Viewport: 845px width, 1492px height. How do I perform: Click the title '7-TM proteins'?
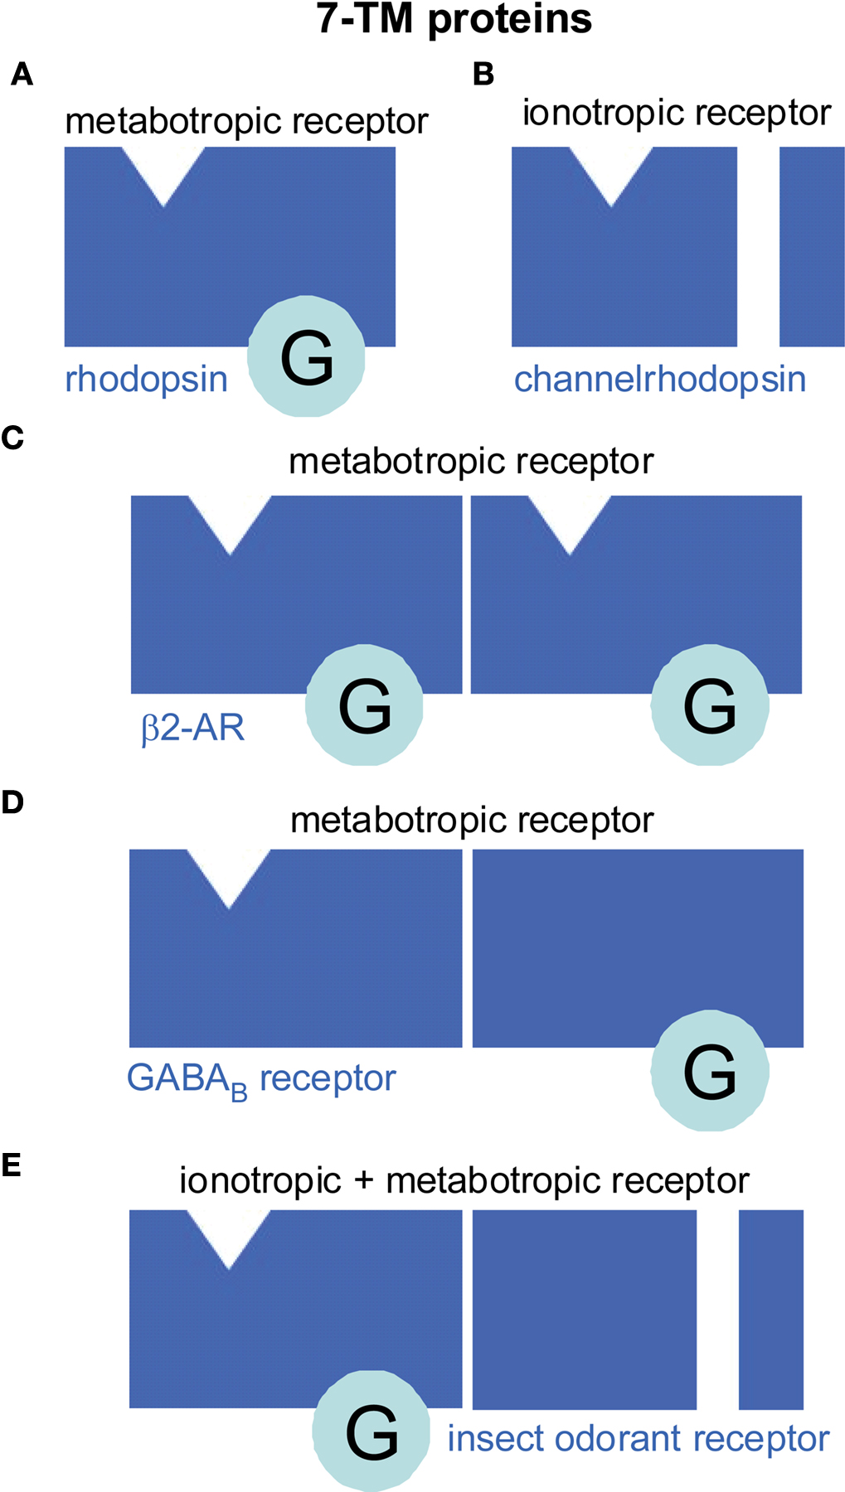[x=454, y=19]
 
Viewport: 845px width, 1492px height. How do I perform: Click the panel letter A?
[x=22, y=75]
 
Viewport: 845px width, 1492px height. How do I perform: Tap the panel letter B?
[x=483, y=75]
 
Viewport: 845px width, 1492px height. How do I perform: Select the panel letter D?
[x=12, y=802]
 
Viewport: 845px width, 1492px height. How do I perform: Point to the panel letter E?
[x=12, y=1165]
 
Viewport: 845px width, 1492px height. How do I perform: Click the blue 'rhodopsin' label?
[x=146, y=380]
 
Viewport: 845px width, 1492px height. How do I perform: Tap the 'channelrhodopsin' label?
[x=659, y=380]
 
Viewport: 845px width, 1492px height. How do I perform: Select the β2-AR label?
[x=193, y=728]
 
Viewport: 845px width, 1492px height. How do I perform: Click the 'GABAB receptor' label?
[x=260, y=1079]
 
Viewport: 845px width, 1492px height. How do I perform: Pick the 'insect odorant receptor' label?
[x=638, y=1439]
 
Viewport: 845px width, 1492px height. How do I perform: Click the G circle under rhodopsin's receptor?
[x=306, y=356]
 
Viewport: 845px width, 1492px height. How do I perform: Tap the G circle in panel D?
[x=710, y=1070]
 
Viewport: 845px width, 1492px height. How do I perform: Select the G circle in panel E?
[x=372, y=1431]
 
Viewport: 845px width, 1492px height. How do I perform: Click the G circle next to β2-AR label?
[x=364, y=705]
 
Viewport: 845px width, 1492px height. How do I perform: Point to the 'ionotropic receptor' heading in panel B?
[x=676, y=113]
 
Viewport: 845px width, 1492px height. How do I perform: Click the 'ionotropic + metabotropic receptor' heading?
[x=464, y=1180]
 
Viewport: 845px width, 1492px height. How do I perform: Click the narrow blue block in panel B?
[x=812, y=246]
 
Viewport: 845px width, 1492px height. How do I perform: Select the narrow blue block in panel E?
[x=770, y=1309]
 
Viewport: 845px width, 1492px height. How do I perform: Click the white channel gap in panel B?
[x=758, y=246]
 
